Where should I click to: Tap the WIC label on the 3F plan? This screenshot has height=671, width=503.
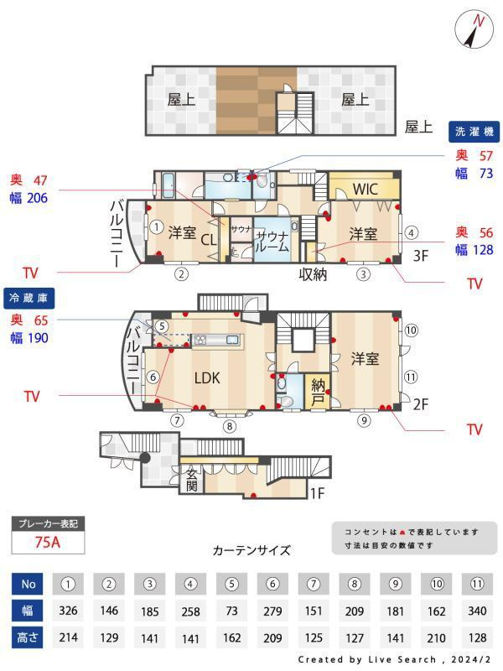(366, 189)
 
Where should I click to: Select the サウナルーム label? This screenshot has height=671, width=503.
(272, 242)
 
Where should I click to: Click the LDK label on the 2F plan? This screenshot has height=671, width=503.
(207, 378)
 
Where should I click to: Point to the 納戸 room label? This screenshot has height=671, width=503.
(318, 393)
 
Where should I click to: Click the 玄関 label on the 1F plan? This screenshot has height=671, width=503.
(192, 480)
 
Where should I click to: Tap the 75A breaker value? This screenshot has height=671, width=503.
(48, 542)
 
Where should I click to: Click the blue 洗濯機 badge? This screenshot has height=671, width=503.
(474, 132)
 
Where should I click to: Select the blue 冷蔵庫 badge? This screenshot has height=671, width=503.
(29, 298)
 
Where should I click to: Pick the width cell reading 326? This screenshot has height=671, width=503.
(68, 611)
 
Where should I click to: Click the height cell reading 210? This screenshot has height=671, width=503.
(436, 638)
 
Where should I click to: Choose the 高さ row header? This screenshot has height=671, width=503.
(28, 638)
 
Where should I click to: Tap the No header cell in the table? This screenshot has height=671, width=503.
(28, 584)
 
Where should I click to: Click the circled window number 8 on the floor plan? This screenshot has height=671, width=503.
(230, 426)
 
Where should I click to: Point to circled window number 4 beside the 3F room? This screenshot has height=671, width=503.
(411, 233)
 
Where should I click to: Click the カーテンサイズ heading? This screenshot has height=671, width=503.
(251, 550)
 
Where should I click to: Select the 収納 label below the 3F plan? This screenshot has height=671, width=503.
(313, 274)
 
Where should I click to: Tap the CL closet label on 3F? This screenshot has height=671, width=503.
(208, 240)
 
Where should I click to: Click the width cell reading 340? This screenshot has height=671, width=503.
(477, 611)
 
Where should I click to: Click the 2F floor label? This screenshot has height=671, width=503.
(421, 404)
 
